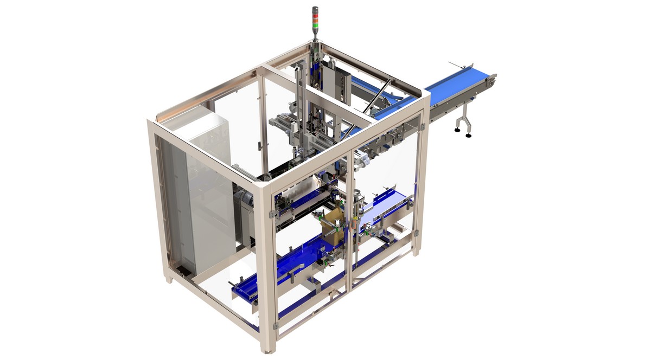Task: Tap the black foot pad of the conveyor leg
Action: [468, 134]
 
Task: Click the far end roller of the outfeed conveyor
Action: [492, 80]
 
